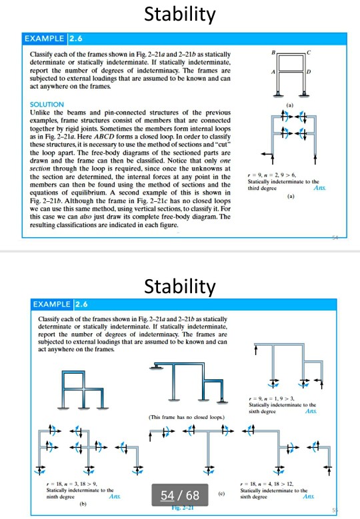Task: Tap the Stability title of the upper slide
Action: (x=180, y=13)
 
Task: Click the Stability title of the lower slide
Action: (x=180, y=286)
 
